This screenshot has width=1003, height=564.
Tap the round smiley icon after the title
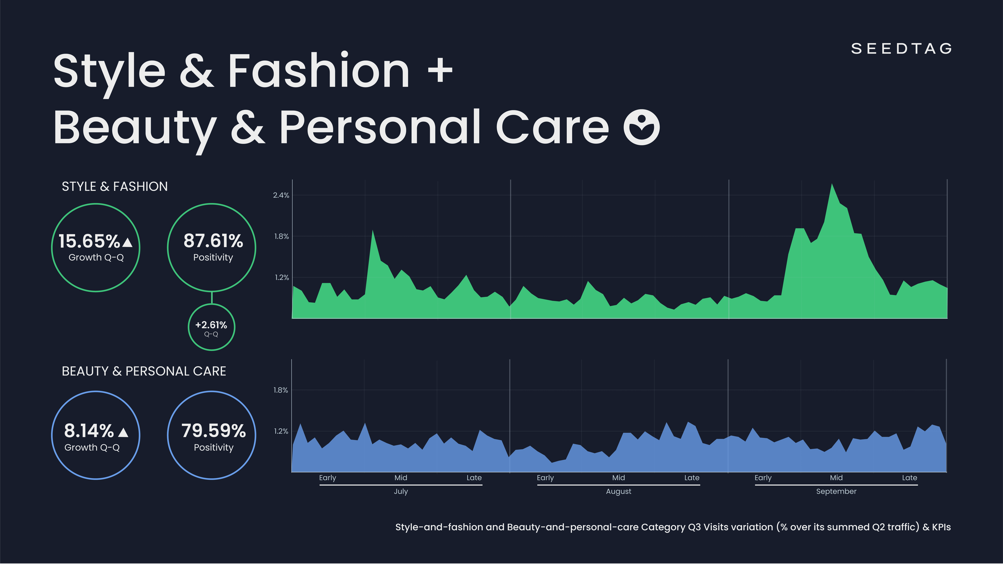pyautogui.click(x=641, y=127)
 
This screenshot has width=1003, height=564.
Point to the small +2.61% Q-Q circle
pyautogui.click(x=211, y=327)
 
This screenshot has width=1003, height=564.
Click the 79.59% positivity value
pyautogui.click(x=213, y=431)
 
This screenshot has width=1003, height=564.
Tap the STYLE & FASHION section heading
pyautogui.click(x=114, y=186)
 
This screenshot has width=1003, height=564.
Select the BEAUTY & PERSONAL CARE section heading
pyautogui.click(x=144, y=371)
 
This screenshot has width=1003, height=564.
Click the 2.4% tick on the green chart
pyautogui.click(x=281, y=195)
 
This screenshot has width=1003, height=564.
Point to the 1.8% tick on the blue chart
pyautogui.click(x=280, y=390)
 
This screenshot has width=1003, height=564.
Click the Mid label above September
pyautogui.click(x=836, y=478)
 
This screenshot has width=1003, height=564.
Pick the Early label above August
pyautogui.click(x=545, y=478)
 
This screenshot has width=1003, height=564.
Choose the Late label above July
pyautogui.click(x=474, y=478)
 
